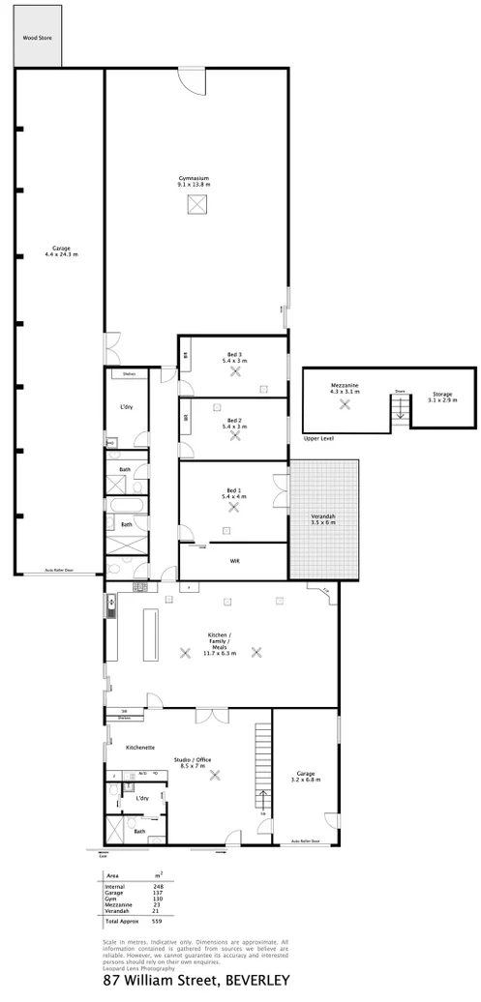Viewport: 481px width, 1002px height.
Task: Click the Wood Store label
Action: point(39,39)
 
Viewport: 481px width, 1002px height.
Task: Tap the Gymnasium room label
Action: point(194,178)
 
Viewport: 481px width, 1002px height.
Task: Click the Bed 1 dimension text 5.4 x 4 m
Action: point(234,496)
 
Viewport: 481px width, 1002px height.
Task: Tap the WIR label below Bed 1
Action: point(234,560)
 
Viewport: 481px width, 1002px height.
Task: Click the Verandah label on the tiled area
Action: point(323,518)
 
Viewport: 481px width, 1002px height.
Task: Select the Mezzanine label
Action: point(345,385)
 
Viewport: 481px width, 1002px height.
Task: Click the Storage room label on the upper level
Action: point(442,395)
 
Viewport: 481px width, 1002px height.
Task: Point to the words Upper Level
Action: point(319,438)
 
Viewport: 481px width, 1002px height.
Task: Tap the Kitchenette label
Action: point(140,748)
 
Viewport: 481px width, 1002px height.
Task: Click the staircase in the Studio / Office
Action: point(262,764)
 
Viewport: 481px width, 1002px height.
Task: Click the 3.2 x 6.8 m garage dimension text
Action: point(305,779)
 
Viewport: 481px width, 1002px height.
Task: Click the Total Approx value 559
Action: point(157,921)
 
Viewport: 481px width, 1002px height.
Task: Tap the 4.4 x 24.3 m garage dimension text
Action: point(61,254)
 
